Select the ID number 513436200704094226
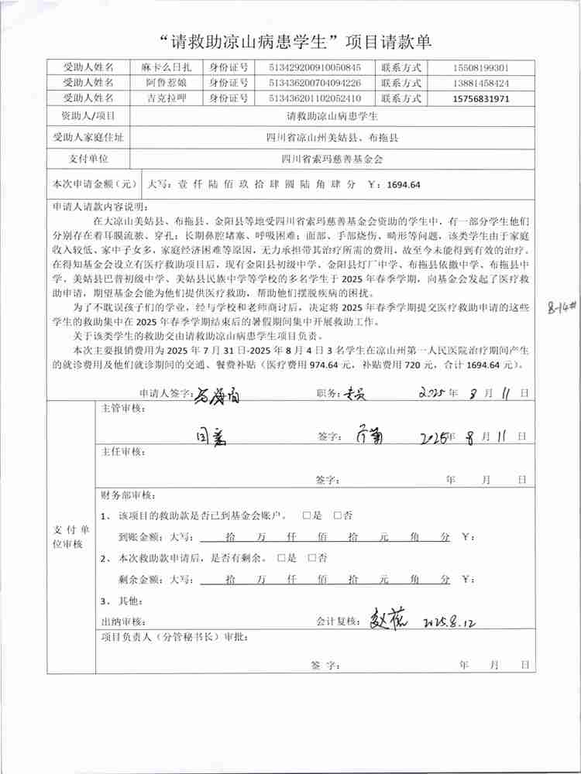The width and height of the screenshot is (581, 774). (314, 83)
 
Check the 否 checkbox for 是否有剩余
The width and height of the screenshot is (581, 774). (312, 557)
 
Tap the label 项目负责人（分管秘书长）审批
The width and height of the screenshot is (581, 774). (175, 638)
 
